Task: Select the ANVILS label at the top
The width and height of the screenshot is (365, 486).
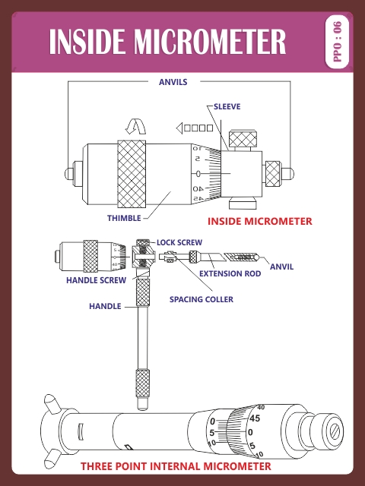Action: (173, 81)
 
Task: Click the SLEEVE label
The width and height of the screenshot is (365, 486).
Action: (227, 106)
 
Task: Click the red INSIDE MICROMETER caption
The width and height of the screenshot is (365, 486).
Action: (259, 221)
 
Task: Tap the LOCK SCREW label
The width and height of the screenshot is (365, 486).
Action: (179, 242)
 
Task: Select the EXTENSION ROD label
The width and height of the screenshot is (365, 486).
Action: (230, 273)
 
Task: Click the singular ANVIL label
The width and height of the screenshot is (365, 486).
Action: (281, 267)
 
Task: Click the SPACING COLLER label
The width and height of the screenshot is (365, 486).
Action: (201, 299)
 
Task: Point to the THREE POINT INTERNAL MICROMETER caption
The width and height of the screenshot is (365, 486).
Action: (176, 465)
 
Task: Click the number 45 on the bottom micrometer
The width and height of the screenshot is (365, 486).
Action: (255, 418)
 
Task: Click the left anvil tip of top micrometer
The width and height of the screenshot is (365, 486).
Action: (68, 173)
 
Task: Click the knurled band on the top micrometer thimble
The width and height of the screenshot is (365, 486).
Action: (132, 173)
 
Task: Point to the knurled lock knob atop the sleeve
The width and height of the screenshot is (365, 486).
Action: (243, 139)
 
